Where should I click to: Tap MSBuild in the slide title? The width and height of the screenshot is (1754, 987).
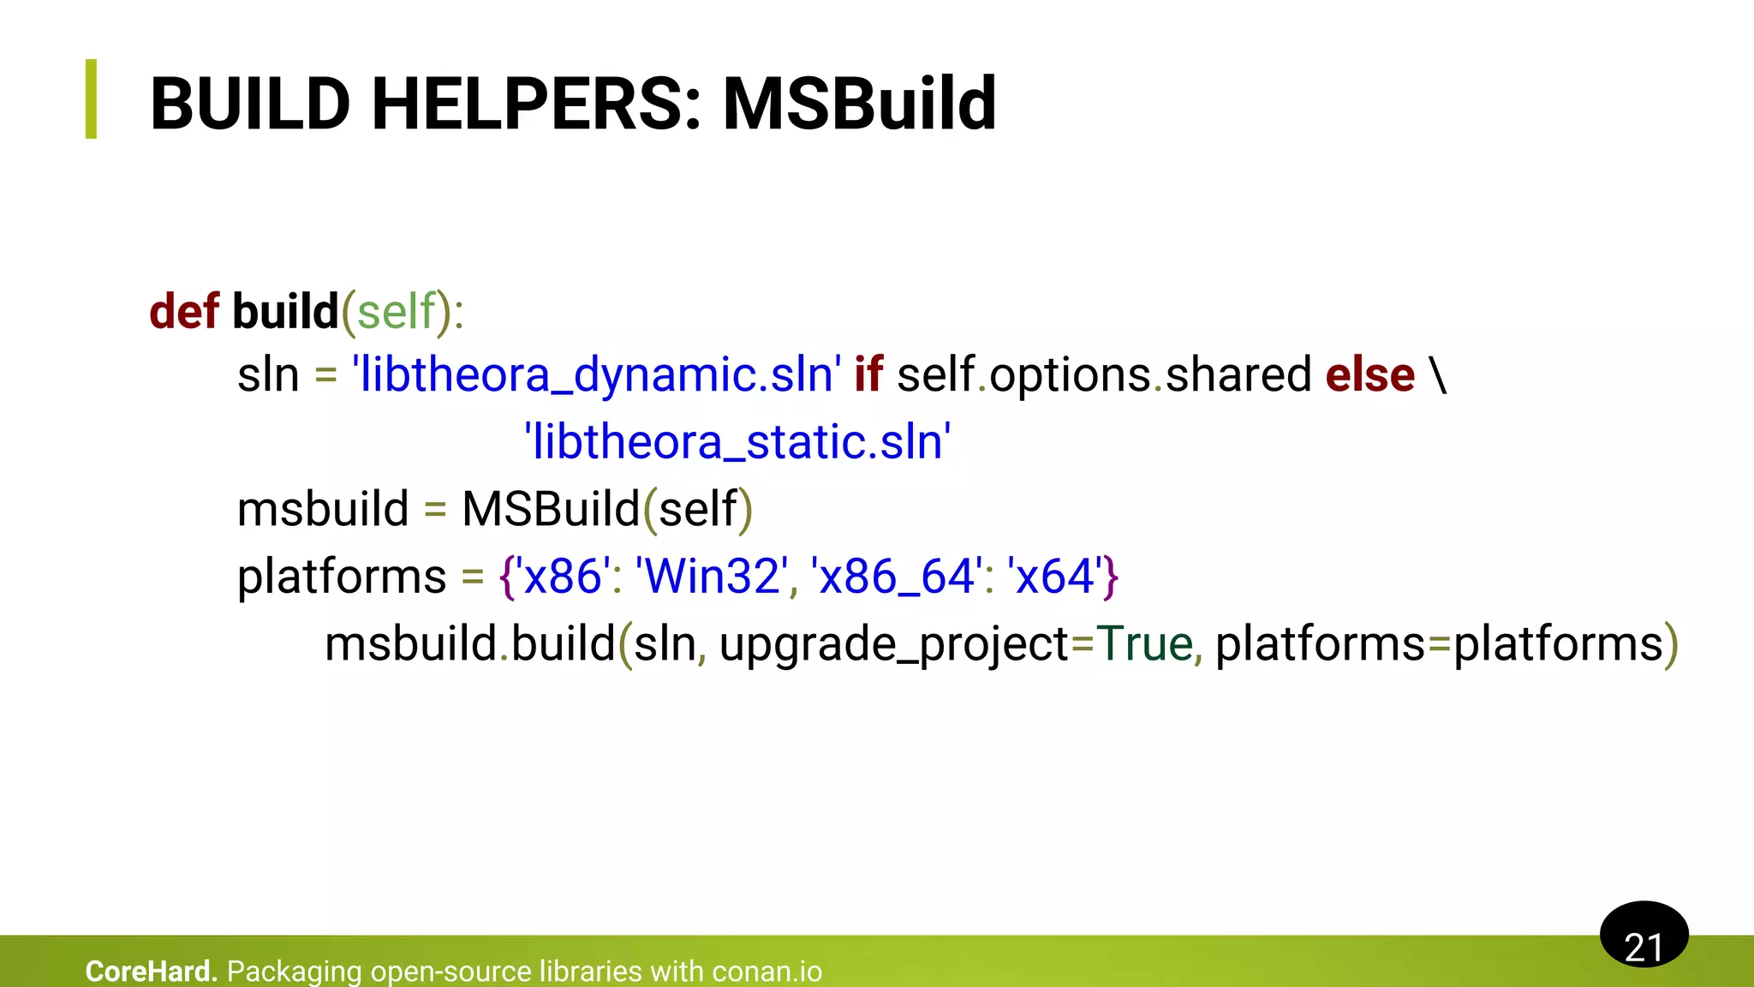859,105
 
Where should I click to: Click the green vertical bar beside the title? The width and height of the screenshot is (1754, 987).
92,99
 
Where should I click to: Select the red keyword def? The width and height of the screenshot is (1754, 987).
183,311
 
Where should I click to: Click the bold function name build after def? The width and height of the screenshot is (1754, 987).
285,311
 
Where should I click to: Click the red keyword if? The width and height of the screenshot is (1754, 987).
868,375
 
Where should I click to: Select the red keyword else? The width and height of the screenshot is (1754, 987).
1369,375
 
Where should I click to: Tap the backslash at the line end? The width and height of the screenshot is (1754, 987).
1438,375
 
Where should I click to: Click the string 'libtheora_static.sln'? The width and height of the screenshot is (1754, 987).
737,442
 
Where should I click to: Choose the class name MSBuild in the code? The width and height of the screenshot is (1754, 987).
551,509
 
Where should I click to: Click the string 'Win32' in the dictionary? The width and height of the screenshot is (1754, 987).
712,576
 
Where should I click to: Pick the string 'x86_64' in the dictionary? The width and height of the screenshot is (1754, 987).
896,576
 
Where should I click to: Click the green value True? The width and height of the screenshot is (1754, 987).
1144,643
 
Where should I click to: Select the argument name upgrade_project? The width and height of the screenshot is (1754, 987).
893,645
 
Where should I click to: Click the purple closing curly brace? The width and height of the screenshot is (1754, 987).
1111,577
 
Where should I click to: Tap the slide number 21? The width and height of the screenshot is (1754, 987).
1644,946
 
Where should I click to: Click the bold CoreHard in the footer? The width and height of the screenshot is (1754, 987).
151,972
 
